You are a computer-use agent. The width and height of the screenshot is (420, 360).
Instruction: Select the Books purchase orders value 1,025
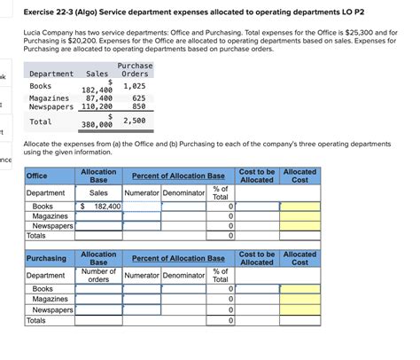pyautogui.click(x=134, y=86)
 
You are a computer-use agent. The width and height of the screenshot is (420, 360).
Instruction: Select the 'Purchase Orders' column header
pyautogui.click(x=134, y=70)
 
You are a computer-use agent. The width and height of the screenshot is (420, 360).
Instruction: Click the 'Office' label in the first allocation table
pyautogui.click(x=38, y=176)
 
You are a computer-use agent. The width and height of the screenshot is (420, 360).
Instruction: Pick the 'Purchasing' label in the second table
pyautogui.click(x=46, y=258)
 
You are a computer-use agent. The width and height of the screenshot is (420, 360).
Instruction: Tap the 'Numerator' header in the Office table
pyautogui.click(x=142, y=192)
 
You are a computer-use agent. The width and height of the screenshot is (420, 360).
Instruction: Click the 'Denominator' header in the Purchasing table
pyautogui.click(x=183, y=275)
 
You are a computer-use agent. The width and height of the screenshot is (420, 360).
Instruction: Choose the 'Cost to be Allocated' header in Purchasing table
pyautogui.click(x=257, y=258)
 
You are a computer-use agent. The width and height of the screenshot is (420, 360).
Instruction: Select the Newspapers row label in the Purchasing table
pyautogui.click(x=51, y=310)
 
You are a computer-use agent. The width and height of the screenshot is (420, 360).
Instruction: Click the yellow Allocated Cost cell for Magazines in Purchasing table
pyautogui.click(x=299, y=300)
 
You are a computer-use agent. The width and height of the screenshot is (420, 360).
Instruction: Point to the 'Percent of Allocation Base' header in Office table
pyautogui.click(x=177, y=176)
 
